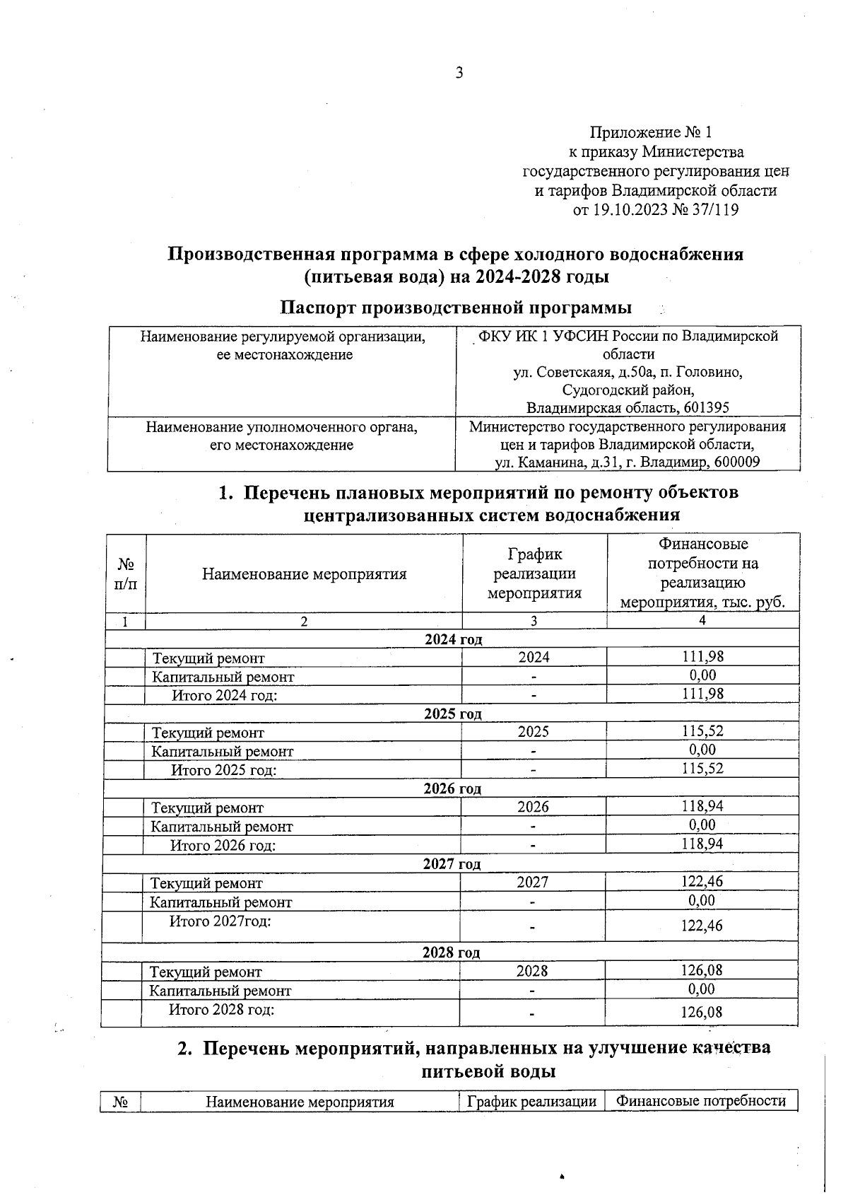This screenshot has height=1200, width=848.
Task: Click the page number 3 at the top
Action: point(459,73)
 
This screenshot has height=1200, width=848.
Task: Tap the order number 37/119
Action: point(716,210)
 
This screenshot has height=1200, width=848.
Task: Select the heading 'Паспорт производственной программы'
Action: point(456,308)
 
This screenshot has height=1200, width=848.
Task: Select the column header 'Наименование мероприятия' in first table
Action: point(304,573)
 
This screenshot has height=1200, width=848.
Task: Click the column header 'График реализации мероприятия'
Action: point(534,573)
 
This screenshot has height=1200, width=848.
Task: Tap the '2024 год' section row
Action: point(453,639)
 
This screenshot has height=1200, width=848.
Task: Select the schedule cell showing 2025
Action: point(533,732)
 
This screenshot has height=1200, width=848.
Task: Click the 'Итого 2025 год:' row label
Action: point(223,770)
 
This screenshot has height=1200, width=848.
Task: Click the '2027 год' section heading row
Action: point(452,863)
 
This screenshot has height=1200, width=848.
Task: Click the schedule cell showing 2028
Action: point(532,971)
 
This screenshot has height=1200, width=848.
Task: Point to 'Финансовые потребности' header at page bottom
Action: point(700,1101)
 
